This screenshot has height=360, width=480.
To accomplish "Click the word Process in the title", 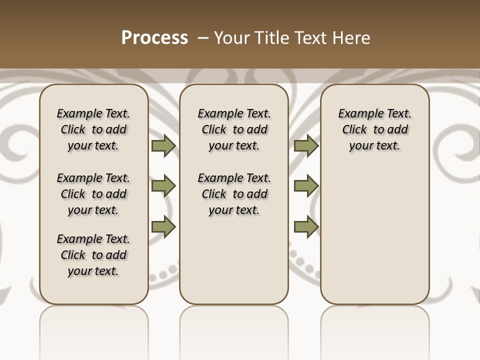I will pyautogui.click(x=154, y=38).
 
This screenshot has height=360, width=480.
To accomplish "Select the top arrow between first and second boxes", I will pyautogui.click(x=163, y=146).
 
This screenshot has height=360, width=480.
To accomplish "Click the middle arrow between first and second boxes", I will pyautogui.click(x=163, y=186).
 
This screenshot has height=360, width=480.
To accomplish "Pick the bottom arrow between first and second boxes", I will pyautogui.click(x=163, y=226).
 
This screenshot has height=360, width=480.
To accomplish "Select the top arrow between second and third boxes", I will pyautogui.click(x=306, y=146).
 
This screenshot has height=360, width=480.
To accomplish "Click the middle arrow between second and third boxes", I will pyautogui.click(x=306, y=186).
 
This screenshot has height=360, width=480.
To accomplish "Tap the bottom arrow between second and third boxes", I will pyautogui.click(x=306, y=226).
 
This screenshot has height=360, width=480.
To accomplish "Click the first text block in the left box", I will pyautogui.click(x=93, y=129).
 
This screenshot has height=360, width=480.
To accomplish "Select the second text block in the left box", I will pyautogui.click(x=93, y=194).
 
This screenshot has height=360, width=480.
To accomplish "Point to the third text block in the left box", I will pyautogui.click(x=93, y=255).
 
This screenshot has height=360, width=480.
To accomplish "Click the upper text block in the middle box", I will pyautogui.click(x=234, y=129).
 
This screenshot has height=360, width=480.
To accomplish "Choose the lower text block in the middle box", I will pyautogui.click(x=234, y=194).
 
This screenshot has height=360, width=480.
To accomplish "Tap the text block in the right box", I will pyautogui.click(x=375, y=129).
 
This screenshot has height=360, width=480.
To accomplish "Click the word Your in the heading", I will pyautogui.click(x=231, y=38).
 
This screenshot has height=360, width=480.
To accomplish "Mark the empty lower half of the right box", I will pyautogui.click(x=375, y=240).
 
